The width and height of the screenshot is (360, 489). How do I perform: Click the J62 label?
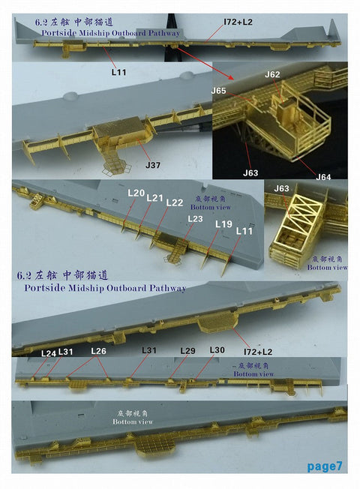pyautogui.click(x=272, y=75)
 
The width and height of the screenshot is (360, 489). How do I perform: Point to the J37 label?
pyautogui.click(x=153, y=164)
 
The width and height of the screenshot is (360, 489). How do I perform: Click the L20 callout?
pyautogui.click(x=136, y=193)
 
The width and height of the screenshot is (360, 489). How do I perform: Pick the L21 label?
pyautogui.click(x=154, y=198)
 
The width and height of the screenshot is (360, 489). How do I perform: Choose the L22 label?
pyautogui.click(x=174, y=202)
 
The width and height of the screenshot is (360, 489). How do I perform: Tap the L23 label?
pyautogui.click(x=194, y=218)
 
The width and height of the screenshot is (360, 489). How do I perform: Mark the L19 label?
pyautogui.click(x=223, y=224)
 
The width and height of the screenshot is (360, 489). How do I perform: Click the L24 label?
pyautogui.click(x=48, y=352)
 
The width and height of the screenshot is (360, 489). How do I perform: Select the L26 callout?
pyautogui.click(x=99, y=351)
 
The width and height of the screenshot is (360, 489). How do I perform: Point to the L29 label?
pyautogui.click(x=187, y=351)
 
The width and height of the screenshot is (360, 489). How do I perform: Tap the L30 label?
pyautogui.click(x=217, y=350)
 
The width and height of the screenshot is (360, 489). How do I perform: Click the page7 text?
pyautogui.click(x=325, y=466)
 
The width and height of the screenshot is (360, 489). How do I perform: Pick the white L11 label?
pyautogui.click(x=244, y=232)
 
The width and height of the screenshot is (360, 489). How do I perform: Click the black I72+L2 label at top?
pyautogui.click(x=238, y=22)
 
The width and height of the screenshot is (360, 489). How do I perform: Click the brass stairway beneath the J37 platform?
pyautogui.click(x=114, y=160)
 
